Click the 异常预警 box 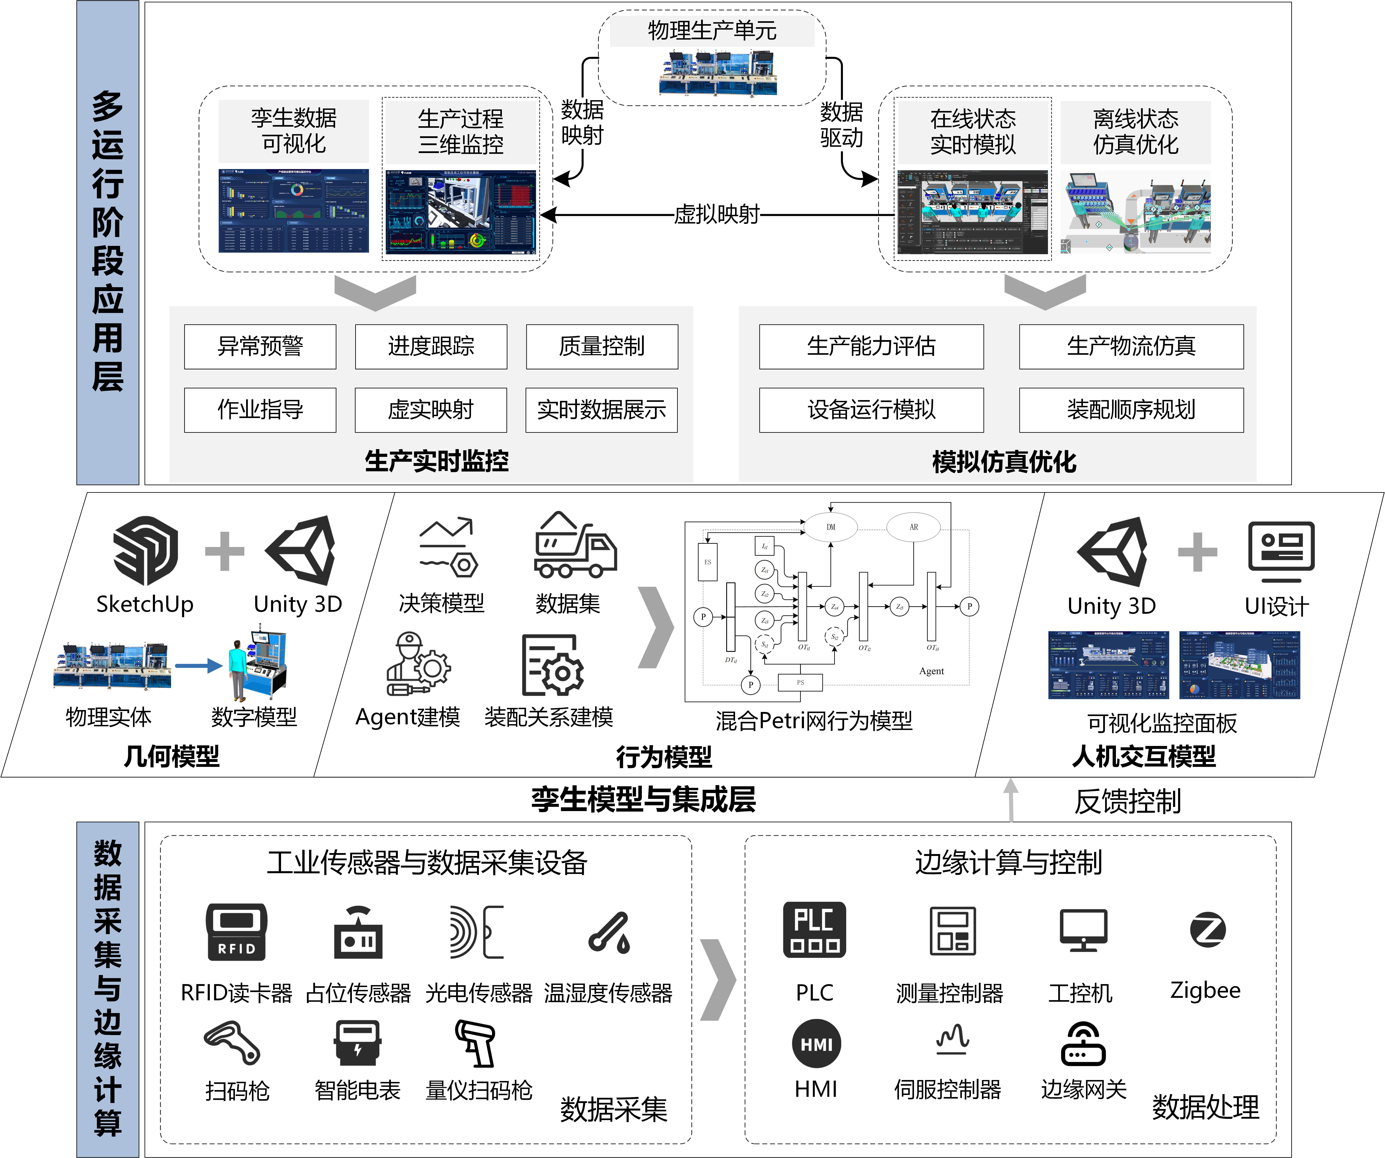click(260, 346)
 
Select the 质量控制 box click(601, 346)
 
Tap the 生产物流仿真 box click(1131, 346)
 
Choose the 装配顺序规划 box click(1131, 410)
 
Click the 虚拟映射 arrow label click(717, 214)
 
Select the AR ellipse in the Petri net click(913, 527)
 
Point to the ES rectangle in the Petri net click(708, 562)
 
